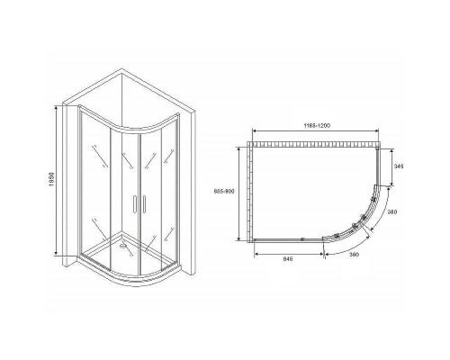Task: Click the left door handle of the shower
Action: point(131,204)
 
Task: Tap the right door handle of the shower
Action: point(139,204)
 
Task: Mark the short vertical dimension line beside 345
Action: point(394,167)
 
